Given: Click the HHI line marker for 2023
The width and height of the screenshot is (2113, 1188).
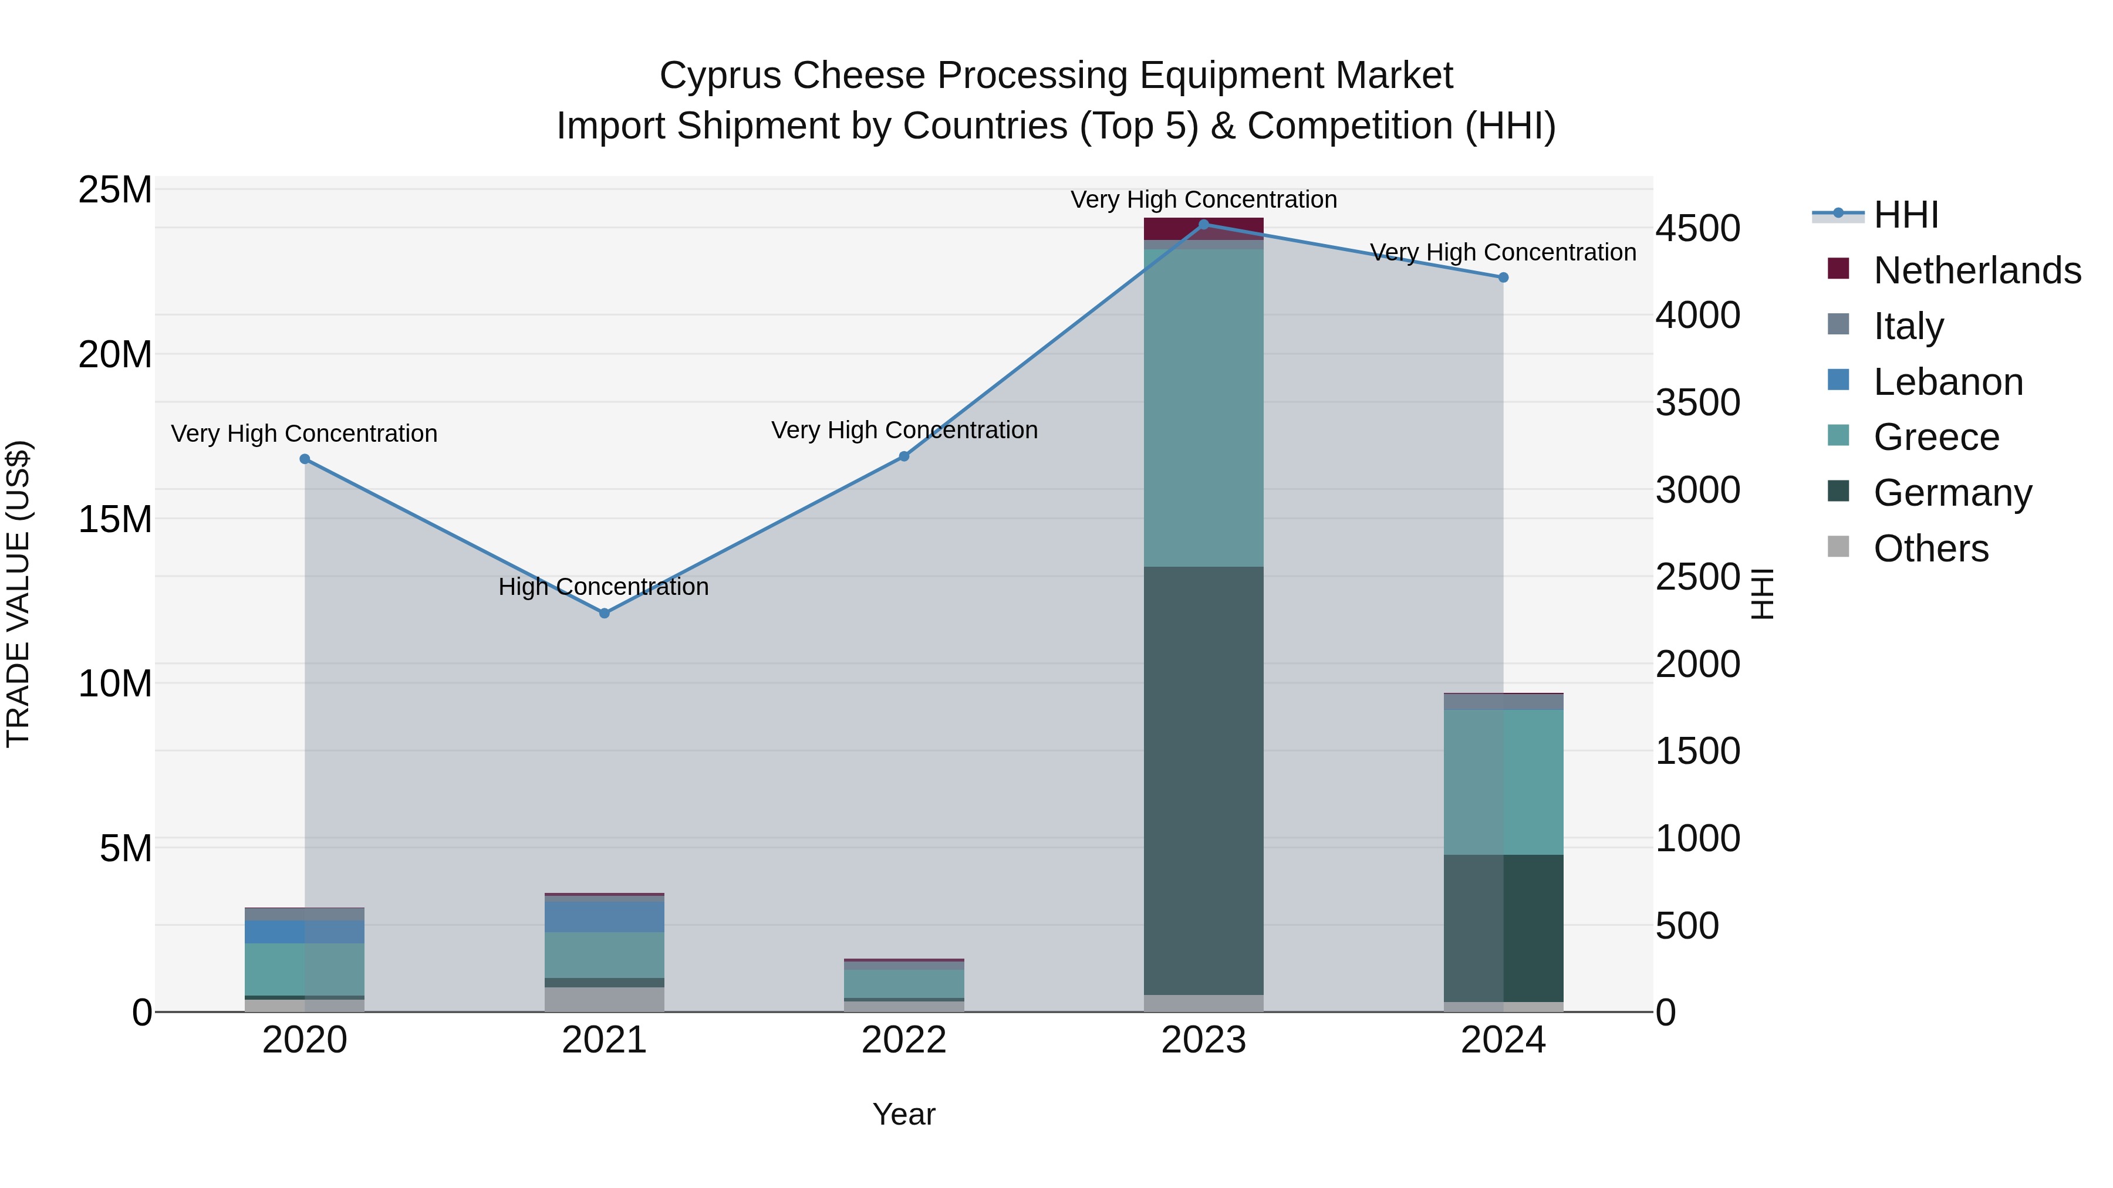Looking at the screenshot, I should pyautogui.click(x=1203, y=224).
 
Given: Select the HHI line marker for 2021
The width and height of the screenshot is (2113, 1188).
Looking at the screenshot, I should pyautogui.click(x=604, y=613).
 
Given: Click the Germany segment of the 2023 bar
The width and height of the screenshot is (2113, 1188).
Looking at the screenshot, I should pyautogui.click(x=1203, y=779).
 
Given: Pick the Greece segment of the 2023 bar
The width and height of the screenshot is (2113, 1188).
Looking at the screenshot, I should pyautogui.click(x=1203, y=408).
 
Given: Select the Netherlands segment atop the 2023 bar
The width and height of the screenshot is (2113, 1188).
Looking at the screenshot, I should pyautogui.click(x=1203, y=229).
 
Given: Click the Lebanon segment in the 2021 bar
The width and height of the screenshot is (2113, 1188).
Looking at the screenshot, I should pyautogui.click(x=604, y=916).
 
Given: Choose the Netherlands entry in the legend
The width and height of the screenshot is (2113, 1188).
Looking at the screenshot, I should pyautogui.click(x=1977, y=270).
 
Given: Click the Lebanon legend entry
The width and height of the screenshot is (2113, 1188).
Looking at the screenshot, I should pyautogui.click(x=1948, y=382).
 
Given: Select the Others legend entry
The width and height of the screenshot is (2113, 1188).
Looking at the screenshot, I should pyautogui.click(x=1931, y=549).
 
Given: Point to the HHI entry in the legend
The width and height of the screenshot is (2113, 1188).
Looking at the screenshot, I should pyautogui.click(x=1905, y=215).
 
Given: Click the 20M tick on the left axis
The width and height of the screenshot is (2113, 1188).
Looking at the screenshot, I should pyautogui.click(x=115, y=355).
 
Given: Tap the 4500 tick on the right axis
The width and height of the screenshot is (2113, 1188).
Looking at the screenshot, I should pyautogui.click(x=1697, y=229).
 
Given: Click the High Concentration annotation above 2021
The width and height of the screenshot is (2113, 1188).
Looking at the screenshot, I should pyautogui.click(x=604, y=587).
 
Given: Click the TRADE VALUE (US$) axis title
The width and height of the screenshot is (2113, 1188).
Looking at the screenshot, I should pyautogui.click(x=18, y=594).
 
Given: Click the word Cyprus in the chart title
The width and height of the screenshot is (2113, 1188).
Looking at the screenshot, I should pyautogui.click(x=710, y=76).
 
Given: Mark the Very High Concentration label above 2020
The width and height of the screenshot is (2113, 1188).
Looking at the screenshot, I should pyautogui.click(x=303, y=433).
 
